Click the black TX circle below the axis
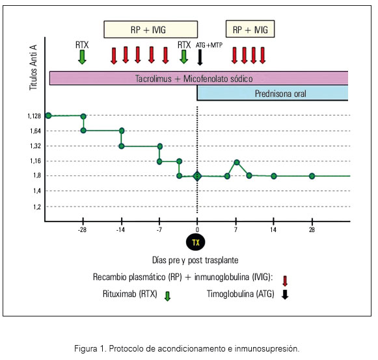coord(196,242)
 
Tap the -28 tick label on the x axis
coord(82,230)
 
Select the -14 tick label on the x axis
coord(120,230)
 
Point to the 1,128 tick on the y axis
coord(34,116)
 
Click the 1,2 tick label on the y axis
coord(37,207)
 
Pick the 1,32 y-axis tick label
coord(35,146)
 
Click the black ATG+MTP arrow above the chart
coord(200,57)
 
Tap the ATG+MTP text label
coord(209,45)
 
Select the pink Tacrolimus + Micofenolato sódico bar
coord(198,78)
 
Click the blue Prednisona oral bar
coord(273,93)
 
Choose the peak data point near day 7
coord(237,162)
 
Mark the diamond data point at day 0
coord(197,176)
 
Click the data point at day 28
coord(312,176)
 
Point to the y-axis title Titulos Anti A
coord(33,68)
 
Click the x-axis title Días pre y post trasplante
coord(195,260)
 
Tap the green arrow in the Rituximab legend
coord(167,296)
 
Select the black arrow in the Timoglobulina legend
coord(285,294)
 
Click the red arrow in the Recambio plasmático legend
coord(285,281)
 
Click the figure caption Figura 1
coord(187,348)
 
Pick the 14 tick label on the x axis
coord(273,230)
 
